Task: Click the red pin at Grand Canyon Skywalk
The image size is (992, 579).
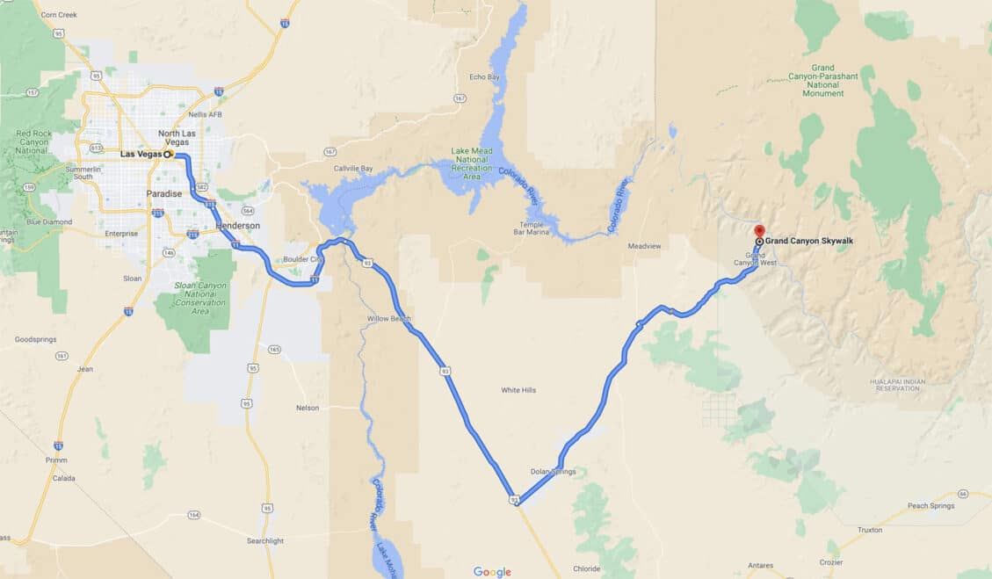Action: pyautogui.click(x=760, y=231)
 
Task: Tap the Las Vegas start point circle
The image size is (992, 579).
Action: pyautogui.click(x=168, y=155)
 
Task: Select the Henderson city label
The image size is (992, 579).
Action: pyautogui.click(x=237, y=226)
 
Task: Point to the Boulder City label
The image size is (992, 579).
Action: pyautogui.click(x=303, y=259)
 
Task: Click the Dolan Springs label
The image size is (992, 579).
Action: pyautogui.click(x=554, y=472)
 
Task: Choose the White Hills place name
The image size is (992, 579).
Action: pyautogui.click(x=518, y=390)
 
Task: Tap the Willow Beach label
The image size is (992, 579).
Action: pyautogui.click(x=389, y=318)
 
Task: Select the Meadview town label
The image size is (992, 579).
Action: pyautogui.click(x=644, y=246)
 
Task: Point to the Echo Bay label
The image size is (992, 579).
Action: pyautogui.click(x=483, y=77)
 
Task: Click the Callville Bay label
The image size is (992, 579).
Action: pyautogui.click(x=353, y=168)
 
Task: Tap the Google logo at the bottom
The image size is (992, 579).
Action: pyautogui.click(x=492, y=572)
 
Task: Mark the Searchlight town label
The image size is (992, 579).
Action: pyautogui.click(x=265, y=541)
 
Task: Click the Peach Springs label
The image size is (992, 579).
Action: pyautogui.click(x=930, y=506)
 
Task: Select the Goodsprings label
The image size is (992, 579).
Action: pyautogui.click(x=35, y=338)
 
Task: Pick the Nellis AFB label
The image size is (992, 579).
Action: pyautogui.click(x=203, y=114)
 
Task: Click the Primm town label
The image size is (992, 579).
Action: pyautogui.click(x=57, y=460)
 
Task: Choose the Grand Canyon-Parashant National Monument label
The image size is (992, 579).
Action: pyautogui.click(x=822, y=80)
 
